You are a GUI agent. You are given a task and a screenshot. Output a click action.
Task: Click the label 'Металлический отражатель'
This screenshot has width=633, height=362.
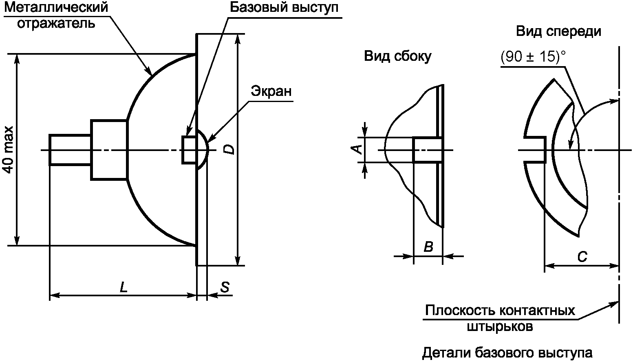(x=56, y=15)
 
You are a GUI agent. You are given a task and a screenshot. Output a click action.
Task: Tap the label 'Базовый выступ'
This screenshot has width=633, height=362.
(x=284, y=8)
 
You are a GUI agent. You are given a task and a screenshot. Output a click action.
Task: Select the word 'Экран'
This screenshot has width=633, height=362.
(x=271, y=91)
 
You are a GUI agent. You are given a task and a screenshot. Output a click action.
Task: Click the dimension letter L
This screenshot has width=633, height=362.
(x=124, y=287)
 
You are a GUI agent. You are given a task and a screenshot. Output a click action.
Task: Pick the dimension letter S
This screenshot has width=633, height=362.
(x=225, y=287)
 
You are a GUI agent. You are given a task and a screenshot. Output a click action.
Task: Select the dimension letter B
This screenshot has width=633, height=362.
(x=428, y=247)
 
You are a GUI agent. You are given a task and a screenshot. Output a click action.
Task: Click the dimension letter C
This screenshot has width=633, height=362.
(x=582, y=257)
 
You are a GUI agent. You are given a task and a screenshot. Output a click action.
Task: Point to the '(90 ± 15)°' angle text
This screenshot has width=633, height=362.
(x=533, y=57)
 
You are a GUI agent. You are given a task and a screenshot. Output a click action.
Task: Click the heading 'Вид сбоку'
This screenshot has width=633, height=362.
(x=397, y=56)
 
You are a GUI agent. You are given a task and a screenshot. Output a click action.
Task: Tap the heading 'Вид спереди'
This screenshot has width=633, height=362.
(x=558, y=31)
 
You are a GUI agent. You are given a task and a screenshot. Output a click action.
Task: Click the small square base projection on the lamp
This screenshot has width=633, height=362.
(x=189, y=150)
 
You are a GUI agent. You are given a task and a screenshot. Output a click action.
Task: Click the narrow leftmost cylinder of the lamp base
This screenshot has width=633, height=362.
(x=70, y=150)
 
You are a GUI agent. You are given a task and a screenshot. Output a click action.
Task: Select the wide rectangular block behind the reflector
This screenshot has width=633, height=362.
(x=109, y=150)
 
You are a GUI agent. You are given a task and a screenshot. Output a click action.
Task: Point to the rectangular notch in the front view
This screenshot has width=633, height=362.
(x=535, y=150)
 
